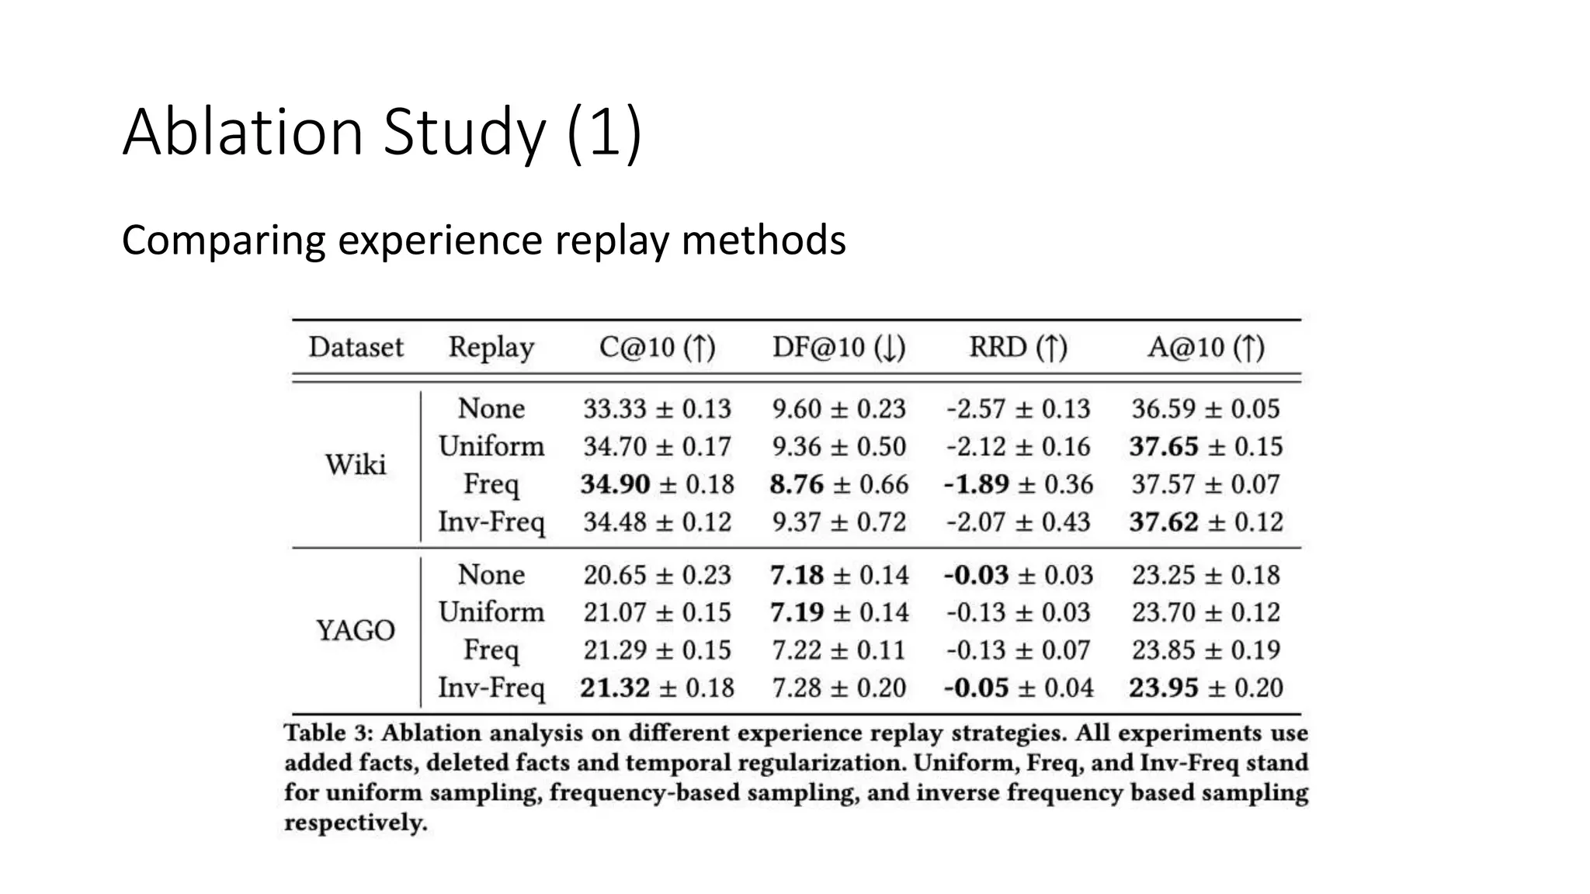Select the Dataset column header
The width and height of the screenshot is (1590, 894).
356,347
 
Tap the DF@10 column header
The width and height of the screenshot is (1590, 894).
838,347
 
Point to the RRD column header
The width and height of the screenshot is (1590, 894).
1018,347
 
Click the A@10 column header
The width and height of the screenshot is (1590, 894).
1206,347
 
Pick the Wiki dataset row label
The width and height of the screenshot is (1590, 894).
355,465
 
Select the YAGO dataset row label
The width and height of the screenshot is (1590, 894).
355,630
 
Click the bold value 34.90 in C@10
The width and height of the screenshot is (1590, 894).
615,484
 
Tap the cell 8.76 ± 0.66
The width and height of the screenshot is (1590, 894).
838,484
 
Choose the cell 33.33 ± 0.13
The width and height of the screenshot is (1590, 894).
657,409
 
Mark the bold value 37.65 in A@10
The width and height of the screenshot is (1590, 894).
1163,447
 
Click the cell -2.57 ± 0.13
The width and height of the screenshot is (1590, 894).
1018,409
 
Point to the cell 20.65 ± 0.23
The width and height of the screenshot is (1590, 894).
657,575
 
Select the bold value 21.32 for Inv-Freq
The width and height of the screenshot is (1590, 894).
615,688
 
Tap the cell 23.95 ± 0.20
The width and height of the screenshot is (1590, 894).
1206,688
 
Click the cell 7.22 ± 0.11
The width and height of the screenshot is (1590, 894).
838,650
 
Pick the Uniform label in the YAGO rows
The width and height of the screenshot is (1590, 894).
491,612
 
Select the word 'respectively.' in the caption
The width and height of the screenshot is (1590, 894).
356,823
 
